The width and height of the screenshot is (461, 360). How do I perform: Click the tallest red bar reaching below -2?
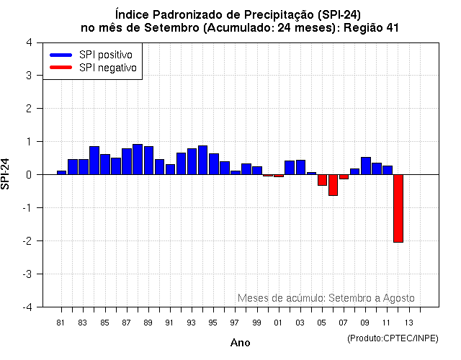[398, 208]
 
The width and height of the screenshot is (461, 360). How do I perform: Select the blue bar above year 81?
[61, 172]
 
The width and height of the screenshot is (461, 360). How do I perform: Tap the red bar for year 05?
[322, 180]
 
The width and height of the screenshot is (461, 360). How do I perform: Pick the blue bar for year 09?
[365, 166]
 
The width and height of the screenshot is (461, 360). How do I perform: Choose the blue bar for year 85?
[105, 164]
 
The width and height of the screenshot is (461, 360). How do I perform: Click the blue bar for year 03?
[300, 167]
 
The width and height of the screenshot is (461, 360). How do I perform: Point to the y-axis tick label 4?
[28, 42]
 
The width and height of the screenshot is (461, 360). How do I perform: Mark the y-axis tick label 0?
[28, 174]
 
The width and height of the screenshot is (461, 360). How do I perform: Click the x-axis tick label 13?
[408, 322]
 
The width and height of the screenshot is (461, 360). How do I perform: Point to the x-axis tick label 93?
[191, 322]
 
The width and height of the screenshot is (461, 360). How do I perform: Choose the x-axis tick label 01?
[278, 322]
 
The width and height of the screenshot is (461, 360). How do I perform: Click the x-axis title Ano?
[240, 343]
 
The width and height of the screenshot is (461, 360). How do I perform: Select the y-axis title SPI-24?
[6, 174]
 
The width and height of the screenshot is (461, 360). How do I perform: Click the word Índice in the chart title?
[133, 14]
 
